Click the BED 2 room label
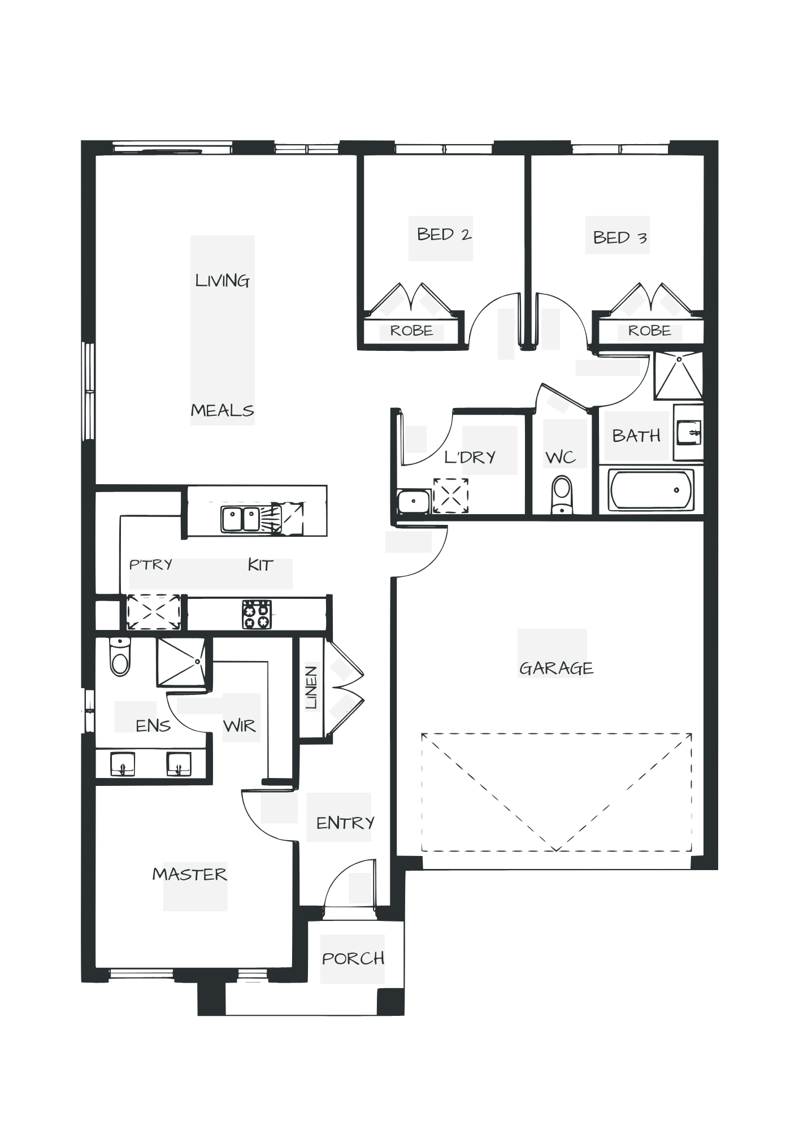click(444, 234)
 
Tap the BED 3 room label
click(619, 237)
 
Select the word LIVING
click(222, 281)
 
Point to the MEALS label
click(222, 411)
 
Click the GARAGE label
click(555, 669)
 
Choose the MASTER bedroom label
click(190, 875)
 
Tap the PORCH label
click(353, 958)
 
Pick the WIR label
click(240, 725)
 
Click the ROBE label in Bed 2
click(411, 331)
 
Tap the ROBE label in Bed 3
click(649, 331)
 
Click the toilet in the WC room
click(562, 493)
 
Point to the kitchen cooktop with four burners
click(257, 614)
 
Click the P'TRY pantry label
click(151, 564)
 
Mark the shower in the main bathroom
click(678, 376)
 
